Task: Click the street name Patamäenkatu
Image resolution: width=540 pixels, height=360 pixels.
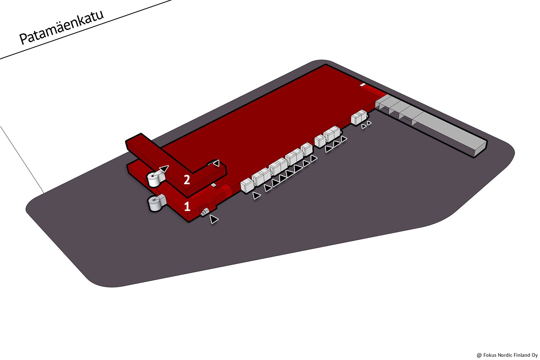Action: point(62,27)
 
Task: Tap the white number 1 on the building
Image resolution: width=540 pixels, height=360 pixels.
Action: point(187,207)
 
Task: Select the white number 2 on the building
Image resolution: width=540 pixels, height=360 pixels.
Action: point(187,180)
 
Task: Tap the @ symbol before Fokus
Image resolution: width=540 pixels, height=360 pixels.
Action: point(479,355)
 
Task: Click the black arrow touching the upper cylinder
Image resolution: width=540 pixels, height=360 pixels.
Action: point(164,168)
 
